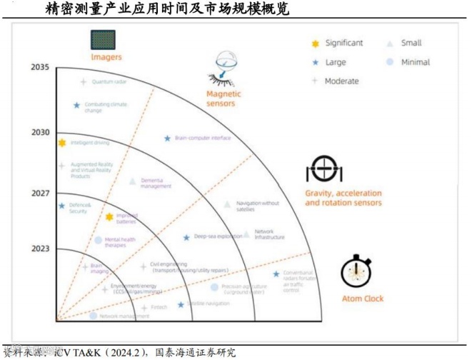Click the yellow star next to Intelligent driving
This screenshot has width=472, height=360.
tap(62, 143)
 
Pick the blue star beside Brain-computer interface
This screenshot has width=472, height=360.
tap(167, 138)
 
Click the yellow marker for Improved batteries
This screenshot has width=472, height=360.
tap(109, 216)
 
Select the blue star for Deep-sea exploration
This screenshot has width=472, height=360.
tap(186, 237)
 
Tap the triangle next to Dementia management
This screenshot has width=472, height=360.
tap(132, 181)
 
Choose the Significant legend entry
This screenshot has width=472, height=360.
tap(343, 44)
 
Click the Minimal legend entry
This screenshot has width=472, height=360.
tap(415, 62)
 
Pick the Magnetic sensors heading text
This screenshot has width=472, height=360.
tap(224, 99)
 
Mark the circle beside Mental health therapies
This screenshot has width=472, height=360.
tap(99, 240)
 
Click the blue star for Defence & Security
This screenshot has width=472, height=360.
tap(62, 206)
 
